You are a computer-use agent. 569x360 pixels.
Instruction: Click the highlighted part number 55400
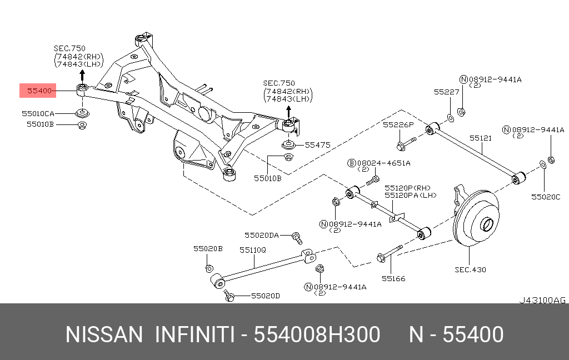pos(40,91)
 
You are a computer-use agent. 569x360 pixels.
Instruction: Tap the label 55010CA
pos(38,113)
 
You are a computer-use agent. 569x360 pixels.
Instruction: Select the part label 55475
pos(317,145)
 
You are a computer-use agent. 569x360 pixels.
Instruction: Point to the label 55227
pos(447,92)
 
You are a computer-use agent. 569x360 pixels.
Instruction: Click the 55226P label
pos(398,125)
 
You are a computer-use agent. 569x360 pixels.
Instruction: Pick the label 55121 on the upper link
pos(481,138)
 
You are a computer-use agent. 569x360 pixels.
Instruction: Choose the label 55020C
pos(546,197)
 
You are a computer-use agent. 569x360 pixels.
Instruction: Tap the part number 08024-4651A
pos(383,163)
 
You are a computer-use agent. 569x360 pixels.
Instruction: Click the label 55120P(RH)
pos(407,188)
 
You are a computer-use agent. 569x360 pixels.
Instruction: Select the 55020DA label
pos(262,236)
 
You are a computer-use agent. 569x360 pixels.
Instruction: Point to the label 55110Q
pos(253,250)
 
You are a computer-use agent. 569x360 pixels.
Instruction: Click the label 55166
pos(393,279)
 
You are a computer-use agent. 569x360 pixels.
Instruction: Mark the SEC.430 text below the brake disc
pos(470,269)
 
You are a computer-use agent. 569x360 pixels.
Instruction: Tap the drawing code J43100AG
pos(542,300)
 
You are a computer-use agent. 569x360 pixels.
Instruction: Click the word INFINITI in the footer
pos(194,334)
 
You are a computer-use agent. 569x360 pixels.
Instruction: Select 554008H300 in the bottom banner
pos(317,334)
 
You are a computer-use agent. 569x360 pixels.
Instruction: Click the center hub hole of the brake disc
pos(487,224)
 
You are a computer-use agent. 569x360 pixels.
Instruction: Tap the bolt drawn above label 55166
pos(390,253)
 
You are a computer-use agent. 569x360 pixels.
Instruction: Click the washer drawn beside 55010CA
pos(82,113)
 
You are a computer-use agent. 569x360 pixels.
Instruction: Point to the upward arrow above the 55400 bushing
pos(82,77)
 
